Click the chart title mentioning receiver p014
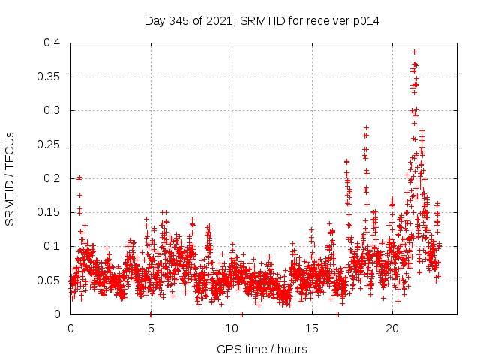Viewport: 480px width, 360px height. coord(262,20)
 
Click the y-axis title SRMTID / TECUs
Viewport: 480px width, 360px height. coord(10,178)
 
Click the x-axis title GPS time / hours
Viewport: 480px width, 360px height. coord(262,349)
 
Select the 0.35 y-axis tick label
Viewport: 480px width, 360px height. coord(52,76)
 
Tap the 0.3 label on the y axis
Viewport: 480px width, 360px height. coord(55,110)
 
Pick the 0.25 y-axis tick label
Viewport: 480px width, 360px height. coord(52,145)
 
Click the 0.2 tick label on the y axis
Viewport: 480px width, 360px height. coord(55,178)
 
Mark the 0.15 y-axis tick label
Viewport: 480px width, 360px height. coord(52,212)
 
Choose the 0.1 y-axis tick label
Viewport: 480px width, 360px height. coord(55,246)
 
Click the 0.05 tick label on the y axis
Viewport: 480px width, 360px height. coord(52,280)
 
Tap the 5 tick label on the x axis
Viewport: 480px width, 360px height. coord(151,328)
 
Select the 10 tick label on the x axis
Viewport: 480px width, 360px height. coord(232,328)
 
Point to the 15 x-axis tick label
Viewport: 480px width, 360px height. coord(312,328)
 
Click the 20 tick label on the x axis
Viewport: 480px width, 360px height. coord(392,328)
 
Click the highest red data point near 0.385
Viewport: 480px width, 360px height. coord(414,52)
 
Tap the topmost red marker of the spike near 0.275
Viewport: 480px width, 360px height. coord(366,127)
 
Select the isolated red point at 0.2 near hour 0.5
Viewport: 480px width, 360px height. coord(79,178)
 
